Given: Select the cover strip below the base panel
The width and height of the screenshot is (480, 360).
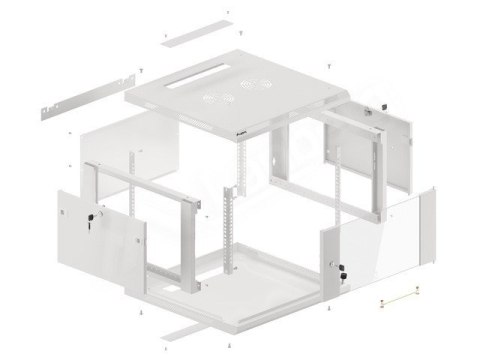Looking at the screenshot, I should tap(191, 326).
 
